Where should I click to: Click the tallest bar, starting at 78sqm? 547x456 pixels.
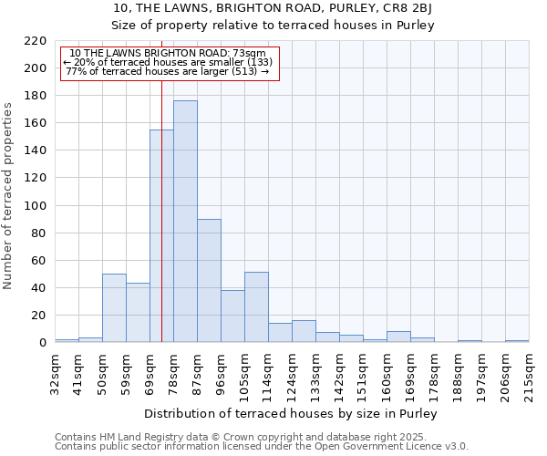[185, 222]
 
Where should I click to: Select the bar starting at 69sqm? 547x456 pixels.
[161, 236]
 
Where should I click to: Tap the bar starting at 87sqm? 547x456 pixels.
[209, 281]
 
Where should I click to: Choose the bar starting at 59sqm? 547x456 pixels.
[138, 313]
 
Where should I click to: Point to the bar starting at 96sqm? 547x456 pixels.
[232, 316]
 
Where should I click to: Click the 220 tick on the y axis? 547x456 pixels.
[36, 41]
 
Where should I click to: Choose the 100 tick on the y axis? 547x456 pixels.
[36, 206]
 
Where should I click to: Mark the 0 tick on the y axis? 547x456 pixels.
[43, 343]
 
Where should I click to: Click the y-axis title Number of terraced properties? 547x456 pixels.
[9, 196]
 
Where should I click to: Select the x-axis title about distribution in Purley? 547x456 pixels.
[291, 414]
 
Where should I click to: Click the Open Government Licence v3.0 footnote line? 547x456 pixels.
[262, 446]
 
